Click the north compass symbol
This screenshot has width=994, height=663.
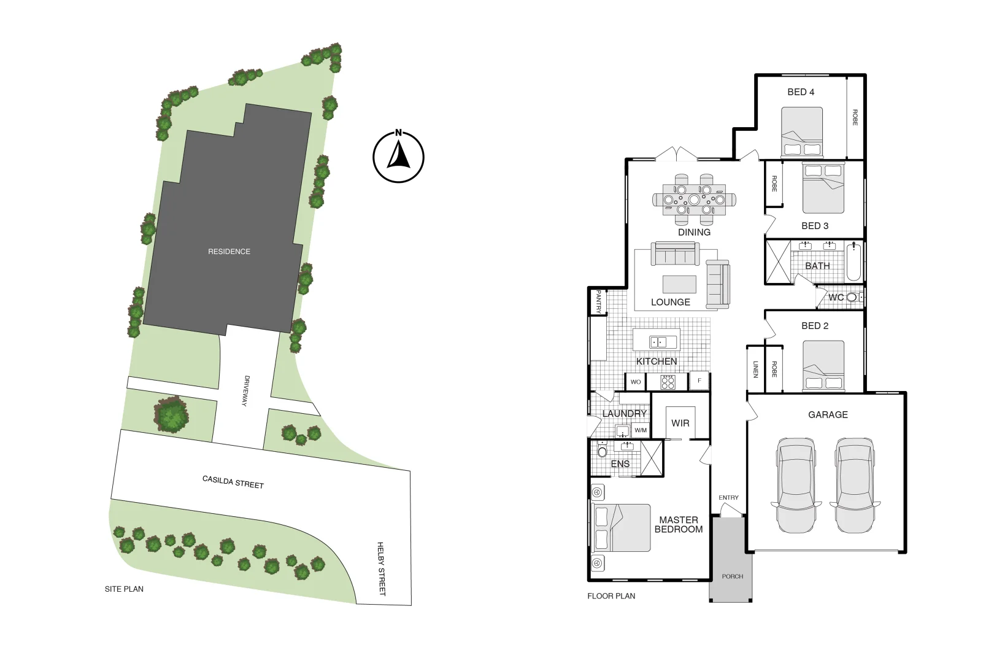[398, 157]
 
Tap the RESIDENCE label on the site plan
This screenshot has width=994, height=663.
[229, 252]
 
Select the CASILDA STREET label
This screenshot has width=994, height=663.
[233, 482]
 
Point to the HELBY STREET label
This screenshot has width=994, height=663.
[381, 568]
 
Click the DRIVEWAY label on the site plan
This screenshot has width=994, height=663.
[246, 391]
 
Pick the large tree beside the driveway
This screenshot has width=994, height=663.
[172, 414]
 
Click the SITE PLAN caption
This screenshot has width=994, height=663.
[124, 589]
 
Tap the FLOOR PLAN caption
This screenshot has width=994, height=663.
[611, 596]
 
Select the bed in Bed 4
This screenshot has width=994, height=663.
[802, 133]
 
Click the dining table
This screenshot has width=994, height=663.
[694, 200]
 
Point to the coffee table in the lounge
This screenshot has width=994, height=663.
[679, 284]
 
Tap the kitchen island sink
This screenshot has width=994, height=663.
[658, 342]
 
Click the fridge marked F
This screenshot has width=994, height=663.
[699, 381]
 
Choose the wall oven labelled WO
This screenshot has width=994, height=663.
[636, 382]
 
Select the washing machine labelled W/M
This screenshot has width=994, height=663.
[641, 430]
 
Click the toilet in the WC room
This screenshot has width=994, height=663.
[852, 298]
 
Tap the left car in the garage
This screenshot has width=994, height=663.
[796, 485]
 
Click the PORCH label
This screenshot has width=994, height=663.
[733, 576]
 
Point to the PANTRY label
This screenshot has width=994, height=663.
[599, 302]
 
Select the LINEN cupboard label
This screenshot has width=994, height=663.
[755, 369]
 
